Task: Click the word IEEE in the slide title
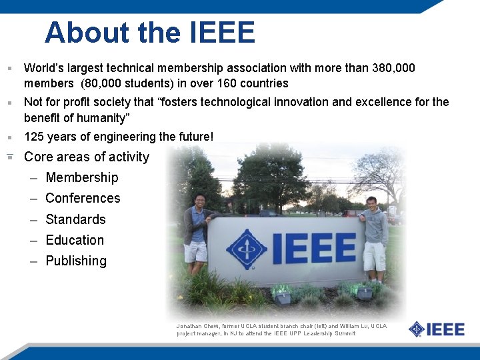(223, 33)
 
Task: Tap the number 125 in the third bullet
(34, 137)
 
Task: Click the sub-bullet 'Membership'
(81, 178)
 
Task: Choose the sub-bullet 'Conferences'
(83, 199)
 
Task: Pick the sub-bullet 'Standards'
(75, 220)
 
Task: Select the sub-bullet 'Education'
(75, 241)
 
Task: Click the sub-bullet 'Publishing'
(76, 261)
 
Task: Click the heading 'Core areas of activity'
(87, 157)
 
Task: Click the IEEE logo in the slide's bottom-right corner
(437, 329)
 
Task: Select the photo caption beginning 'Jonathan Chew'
(280, 329)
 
